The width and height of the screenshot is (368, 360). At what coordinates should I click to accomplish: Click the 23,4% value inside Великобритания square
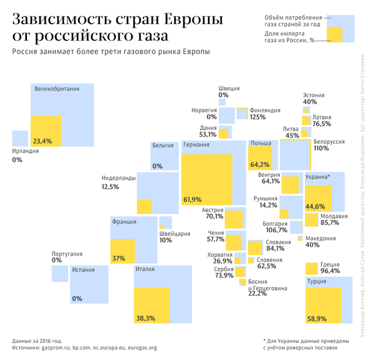tap(42, 141)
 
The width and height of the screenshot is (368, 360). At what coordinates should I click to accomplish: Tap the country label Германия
tap(196, 145)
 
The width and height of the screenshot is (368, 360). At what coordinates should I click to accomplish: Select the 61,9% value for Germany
tap(193, 199)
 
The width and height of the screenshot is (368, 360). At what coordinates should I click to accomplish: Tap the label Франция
tap(124, 222)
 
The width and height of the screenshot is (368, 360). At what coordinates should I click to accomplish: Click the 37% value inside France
tap(118, 258)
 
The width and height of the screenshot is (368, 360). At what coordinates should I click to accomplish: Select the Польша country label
tap(261, 144)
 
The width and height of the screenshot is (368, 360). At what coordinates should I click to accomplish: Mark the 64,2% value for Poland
tap(260, 164)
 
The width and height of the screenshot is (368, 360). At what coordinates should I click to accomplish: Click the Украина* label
tap(318, 177)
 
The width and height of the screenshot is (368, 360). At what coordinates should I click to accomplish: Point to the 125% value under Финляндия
tap(258, 117)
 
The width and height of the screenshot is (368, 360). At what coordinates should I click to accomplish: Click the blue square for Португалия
tap(59, 274)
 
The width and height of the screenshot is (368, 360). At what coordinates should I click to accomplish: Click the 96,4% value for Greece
tap(331, 270)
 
